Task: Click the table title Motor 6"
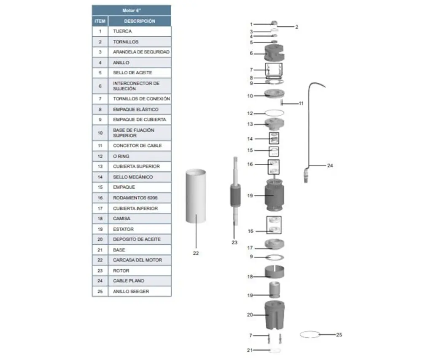coord(131,11)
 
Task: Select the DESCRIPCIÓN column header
coord(139,21)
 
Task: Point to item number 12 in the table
coord(100,156)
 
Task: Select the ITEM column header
coord(100,21)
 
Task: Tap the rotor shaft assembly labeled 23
coord(234,194)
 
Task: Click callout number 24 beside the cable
coord(330,166)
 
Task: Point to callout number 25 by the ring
coord(339,335)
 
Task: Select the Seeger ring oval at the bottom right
coord(310,335)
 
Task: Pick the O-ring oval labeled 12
coord(274,113)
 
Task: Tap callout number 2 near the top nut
coord(297,27)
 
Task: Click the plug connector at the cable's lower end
coord(307,174)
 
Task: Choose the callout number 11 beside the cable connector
coord(301,103)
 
